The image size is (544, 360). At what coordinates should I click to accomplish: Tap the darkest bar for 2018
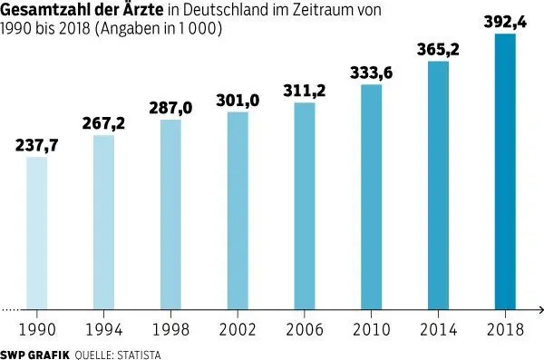[504, 172]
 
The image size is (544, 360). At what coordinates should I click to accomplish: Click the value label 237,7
[37, 145]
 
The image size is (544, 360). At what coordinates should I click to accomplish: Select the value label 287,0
[170, 108]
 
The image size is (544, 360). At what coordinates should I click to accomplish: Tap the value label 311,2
[304, 91]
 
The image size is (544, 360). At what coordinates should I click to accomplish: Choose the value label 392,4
[503, 22]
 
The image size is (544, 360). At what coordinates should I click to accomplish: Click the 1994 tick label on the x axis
[103, 327]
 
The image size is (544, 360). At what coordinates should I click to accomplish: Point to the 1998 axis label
[170, 327]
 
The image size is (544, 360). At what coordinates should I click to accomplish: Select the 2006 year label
[304, 327]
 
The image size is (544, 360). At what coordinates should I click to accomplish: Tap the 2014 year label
[437, 327]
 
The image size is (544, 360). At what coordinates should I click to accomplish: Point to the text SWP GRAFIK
[34, 352]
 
